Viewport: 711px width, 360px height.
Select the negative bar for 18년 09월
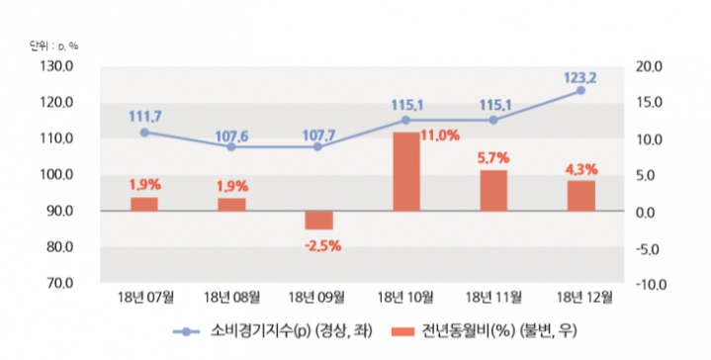[318, 221]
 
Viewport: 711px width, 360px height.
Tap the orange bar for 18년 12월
[580, 196]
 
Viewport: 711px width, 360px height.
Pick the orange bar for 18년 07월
[144, 204]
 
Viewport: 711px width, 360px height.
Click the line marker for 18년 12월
[580, 90]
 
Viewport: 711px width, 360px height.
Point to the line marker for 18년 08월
[231, 146]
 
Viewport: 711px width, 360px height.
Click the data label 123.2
[580, 73]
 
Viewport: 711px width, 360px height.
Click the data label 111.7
[145, 116]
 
